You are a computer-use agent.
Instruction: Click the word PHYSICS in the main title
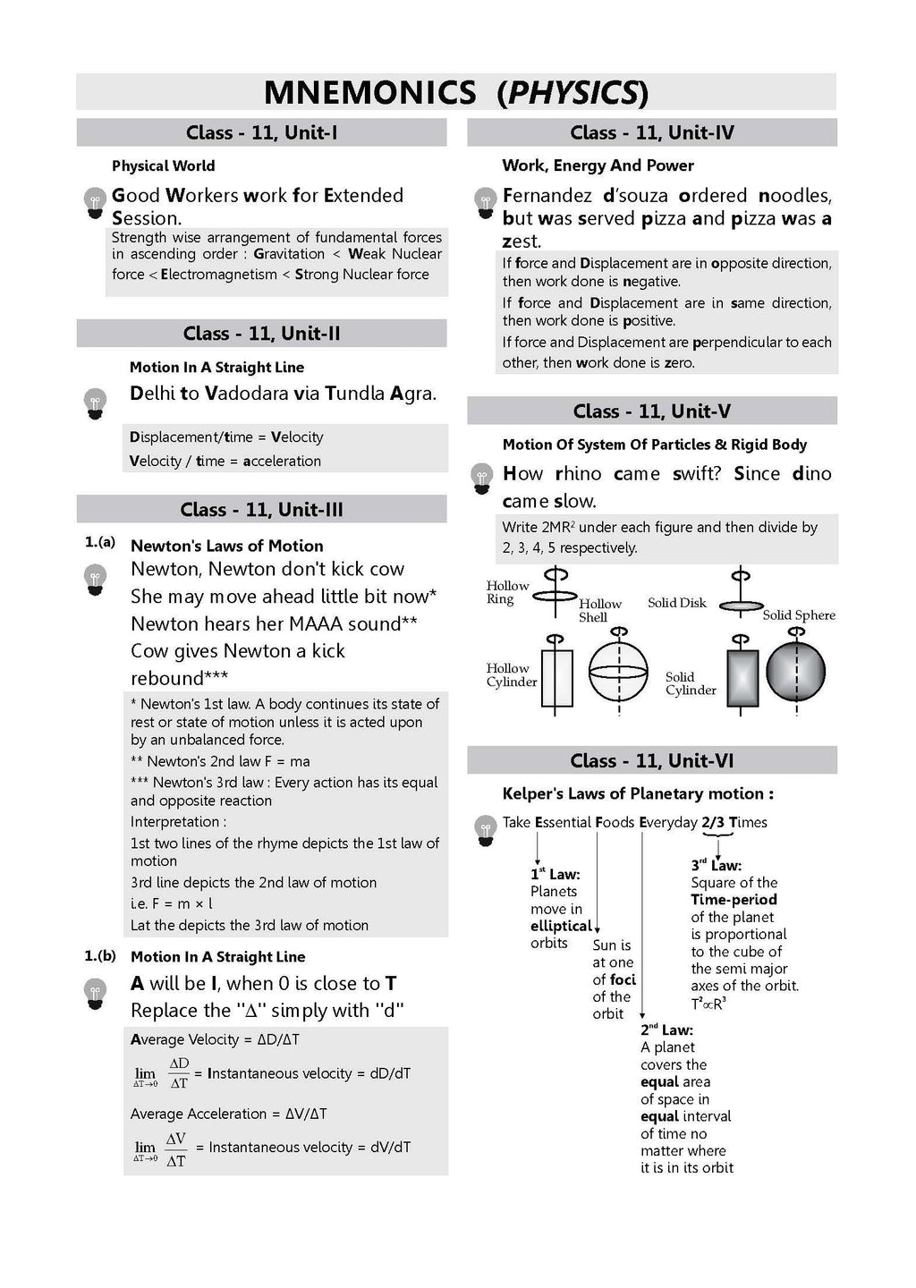(573, 93)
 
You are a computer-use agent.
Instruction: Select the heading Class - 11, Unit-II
(261, 334)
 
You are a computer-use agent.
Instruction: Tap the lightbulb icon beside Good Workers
(95, 203)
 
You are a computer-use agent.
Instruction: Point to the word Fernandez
(547, 196)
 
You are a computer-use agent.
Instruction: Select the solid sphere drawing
(796, 671)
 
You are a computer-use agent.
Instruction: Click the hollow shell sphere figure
(619, 671)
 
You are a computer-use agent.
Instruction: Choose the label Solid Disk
(677, 603)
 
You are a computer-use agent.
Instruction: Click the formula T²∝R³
(708, 1004)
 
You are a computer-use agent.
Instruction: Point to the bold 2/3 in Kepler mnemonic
(713, 822)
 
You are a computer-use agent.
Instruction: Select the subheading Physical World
(164, 166)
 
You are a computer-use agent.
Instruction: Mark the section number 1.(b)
(100, 955)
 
